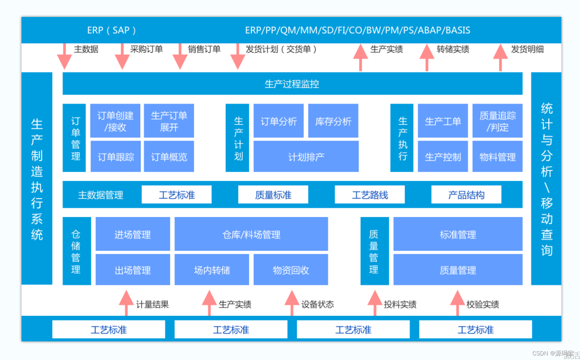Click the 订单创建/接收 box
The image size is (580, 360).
(x=115, y=121)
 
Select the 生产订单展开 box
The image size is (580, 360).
(x=169, y=121)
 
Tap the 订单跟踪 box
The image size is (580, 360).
(x=115, y=157)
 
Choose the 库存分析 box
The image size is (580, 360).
(x=333, y=121)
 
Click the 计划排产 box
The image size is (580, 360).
(x=306, y=157)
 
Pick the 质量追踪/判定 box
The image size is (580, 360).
(x=497, y=121)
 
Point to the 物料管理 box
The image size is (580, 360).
(x=497, y=157)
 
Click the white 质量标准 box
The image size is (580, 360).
(x=273, y=195)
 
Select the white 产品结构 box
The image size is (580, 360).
(x=466, y=195)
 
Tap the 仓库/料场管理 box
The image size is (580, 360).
(x=251, y=234)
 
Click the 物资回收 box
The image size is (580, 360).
(x=291, y=270)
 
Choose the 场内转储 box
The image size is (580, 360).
(x=212, y=270)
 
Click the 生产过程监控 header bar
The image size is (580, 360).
(x=292, y=84)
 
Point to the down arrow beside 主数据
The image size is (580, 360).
(x=64, y=57)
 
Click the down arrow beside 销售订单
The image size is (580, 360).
(x=180, y=57)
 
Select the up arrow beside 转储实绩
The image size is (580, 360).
(x=427, y=57)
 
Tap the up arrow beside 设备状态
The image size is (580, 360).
(x=292, y=303)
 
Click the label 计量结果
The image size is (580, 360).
(x=153, y=305)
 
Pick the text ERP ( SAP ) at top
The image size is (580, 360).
(x=111, y=30)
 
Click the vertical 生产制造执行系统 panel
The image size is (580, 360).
(x=37, y=179)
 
